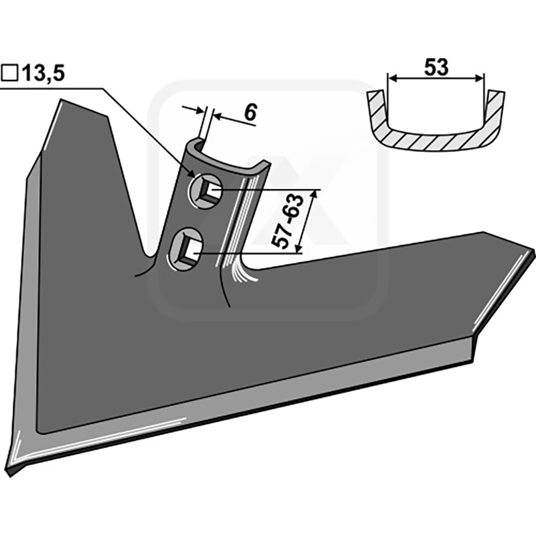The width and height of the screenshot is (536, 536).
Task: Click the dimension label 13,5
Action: pyautogui.click(x=44, y=73)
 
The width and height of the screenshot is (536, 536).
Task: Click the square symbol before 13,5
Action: pyautogui.click(x=9, y=73)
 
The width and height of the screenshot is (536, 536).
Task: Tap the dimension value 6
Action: pyautogui.click(x=250, y=112)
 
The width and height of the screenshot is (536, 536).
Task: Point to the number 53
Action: pyautogui.click(x=436, y=68)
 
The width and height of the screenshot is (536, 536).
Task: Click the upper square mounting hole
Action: pyautogui.click(x=206, y=191)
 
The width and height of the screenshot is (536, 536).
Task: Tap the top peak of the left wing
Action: pyautogui.click(x=62, y=99)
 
